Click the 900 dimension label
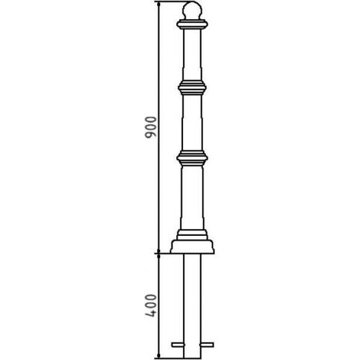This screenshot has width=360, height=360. click(x=151, y=127)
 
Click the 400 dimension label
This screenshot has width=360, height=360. click(x=151, y=305)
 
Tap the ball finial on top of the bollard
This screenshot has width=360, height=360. click(x=192, y=11)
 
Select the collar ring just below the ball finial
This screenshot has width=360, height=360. click(x=192, y=24)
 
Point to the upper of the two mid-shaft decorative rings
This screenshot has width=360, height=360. click(x=192, y=88)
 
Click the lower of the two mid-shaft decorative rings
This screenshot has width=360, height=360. click(x=192, y=158)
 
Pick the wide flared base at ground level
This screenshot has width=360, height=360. click(x=192, y=247)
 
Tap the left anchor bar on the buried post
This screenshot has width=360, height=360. click(x=178, y=344)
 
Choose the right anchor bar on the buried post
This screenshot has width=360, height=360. click(x=207, y=344)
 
